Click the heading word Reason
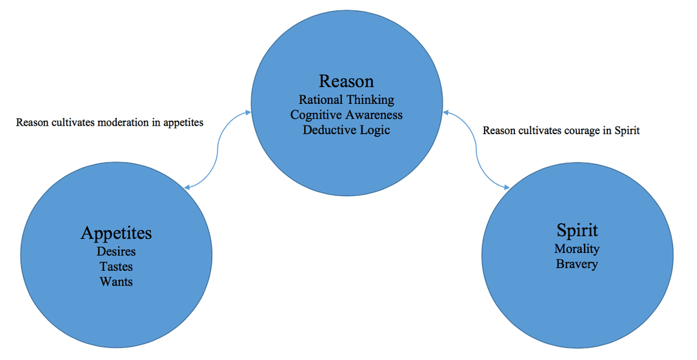pos(346,81)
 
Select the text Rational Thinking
pos(346,100)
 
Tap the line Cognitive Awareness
pos(346,115)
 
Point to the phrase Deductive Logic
pos(346,130)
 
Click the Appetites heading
pos(116,232)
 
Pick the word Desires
pos(116,251)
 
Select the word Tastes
pos(116,266)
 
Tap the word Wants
pos(116,281)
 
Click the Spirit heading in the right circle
pos(577,230)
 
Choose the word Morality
pos(577,248)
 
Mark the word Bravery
pos(577,264)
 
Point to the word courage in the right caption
pos(581,131)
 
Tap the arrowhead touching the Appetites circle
pos(187,187)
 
